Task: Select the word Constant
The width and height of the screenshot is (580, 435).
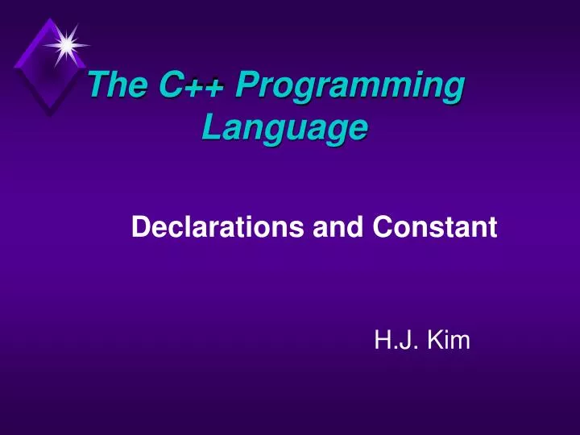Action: [x=434, y=229]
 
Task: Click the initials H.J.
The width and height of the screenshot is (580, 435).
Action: [x=393, y=342]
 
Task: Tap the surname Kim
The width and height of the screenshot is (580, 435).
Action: [x=448, y=342]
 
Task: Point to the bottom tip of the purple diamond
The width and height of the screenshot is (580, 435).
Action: [x=50, y=114]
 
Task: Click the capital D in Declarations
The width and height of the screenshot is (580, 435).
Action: [x=139, y=229]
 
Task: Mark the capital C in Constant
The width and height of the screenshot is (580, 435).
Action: [x=381, y=229]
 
